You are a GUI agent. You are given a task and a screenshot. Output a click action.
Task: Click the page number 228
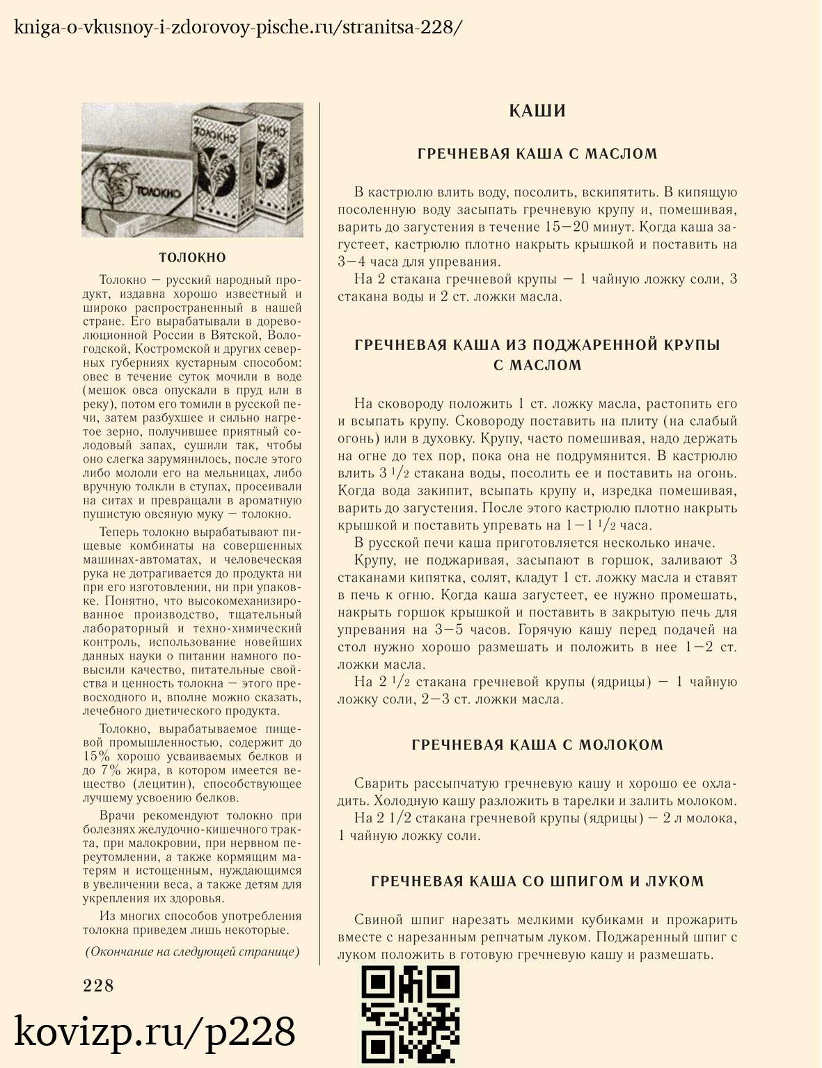tap(98, 985)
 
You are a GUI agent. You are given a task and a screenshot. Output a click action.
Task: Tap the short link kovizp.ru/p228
tap(155, 1032)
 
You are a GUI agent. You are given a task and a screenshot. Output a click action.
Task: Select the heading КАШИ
tap(537, 111)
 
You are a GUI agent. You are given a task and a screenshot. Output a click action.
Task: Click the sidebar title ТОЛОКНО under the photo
tap(193, 257)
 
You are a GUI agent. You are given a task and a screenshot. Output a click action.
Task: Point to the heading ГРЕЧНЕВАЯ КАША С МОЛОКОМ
tap(537, 745)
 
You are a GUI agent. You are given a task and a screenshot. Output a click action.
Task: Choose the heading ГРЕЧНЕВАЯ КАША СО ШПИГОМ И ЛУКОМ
tap(537, 882)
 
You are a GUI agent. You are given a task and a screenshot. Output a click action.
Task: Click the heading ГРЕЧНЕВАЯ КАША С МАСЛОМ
tap(537, 154)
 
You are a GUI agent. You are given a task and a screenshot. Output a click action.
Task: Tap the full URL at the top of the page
tap(237, 28)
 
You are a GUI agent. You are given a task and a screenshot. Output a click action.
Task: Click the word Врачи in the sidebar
tap(117, 815)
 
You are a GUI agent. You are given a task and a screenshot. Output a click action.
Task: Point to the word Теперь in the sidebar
tap(120, 532)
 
